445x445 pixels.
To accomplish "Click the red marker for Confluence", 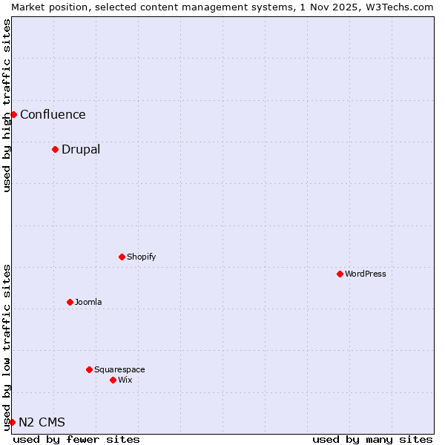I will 13,114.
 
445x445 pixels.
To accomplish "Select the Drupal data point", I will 55,149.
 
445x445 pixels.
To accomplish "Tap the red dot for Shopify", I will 122,257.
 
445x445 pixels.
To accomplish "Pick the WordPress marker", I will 340,274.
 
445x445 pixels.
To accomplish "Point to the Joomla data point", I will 70,302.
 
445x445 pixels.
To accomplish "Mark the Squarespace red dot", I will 89,369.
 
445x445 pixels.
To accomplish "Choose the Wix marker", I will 113,380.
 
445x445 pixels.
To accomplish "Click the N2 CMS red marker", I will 12,422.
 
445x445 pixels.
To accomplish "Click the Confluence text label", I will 53,114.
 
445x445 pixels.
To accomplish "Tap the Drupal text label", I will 81,149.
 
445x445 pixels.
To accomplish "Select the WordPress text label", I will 366,274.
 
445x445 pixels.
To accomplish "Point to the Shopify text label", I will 141,257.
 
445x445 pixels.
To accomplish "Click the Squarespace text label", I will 119,369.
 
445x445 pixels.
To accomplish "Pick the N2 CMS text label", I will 42,422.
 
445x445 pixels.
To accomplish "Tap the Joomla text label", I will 88,302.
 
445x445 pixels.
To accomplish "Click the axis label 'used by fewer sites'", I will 76,439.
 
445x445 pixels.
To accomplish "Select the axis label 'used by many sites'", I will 372,439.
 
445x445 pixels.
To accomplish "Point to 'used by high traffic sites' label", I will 7,105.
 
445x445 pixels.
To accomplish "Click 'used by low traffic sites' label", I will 7,347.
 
